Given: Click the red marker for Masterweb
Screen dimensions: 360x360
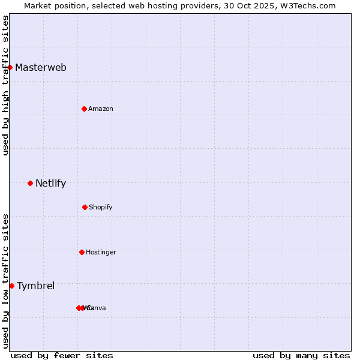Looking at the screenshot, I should [x=10, y=67].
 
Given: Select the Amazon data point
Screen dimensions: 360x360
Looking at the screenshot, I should [x=84, y=109].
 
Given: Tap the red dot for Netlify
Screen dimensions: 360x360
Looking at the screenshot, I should [x=30, y=183].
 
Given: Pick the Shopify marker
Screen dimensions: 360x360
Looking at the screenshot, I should [x=85, y=207].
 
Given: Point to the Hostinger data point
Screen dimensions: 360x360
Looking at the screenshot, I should [x=82, y=252].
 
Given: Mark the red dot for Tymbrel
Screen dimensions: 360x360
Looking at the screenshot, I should [x=11, y=286].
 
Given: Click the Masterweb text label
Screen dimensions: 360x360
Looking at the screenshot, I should [x=41, y=67].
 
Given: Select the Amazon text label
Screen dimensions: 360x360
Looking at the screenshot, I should [x=101, y=109].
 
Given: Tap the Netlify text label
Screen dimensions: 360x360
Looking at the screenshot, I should [x=50, y=184].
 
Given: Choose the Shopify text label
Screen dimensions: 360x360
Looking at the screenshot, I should [x=101, y=207].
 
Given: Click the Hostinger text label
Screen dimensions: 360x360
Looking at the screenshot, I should [x=101, y=252].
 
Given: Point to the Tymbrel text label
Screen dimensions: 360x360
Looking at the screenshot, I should [x=35, y=286].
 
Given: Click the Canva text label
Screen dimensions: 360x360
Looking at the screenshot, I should [x=97, y=308].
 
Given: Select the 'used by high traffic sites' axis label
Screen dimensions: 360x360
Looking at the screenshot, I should [x=5, y=85].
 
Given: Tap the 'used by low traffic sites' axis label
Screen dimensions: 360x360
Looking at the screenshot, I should [x=5, y=281].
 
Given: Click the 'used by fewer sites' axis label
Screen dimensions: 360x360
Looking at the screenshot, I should [x=62, y=355].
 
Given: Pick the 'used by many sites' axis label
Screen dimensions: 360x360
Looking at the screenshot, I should [x=301, y=355].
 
